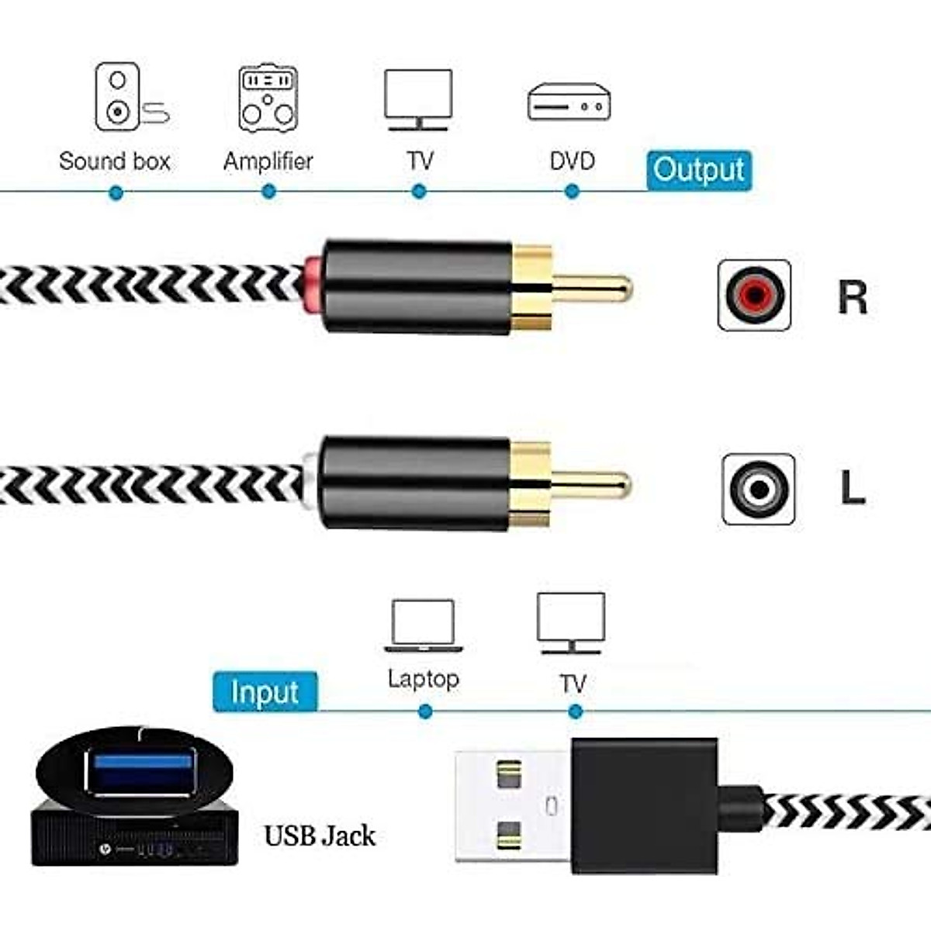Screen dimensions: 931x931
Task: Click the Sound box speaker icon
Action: tap(118, 97)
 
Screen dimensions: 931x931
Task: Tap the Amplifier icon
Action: tap(268, 98)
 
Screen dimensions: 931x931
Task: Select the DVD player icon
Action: tap(569, 101)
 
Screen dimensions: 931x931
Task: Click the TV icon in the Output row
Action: tap(418, 99)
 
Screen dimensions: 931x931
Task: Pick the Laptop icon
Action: tap(423, 625)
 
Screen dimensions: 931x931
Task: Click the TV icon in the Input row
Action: tap(571, 622)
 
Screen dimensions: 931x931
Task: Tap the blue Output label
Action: tap(698, 170)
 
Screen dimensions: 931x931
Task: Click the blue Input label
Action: tap(265, 692)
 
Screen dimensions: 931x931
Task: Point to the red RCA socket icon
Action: tap(754, 295)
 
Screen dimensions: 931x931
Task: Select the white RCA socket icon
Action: tap(758, 489)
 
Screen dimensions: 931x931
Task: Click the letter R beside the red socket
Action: tap(852, 296)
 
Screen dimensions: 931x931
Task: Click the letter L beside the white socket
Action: tap(852, 489)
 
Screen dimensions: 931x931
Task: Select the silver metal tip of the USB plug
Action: tap(512, 806)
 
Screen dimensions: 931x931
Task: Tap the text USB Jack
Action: tap(320, 836)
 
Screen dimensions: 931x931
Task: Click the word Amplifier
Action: tap(268, 161)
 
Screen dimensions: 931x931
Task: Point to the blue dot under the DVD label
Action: tap(572, 191)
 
